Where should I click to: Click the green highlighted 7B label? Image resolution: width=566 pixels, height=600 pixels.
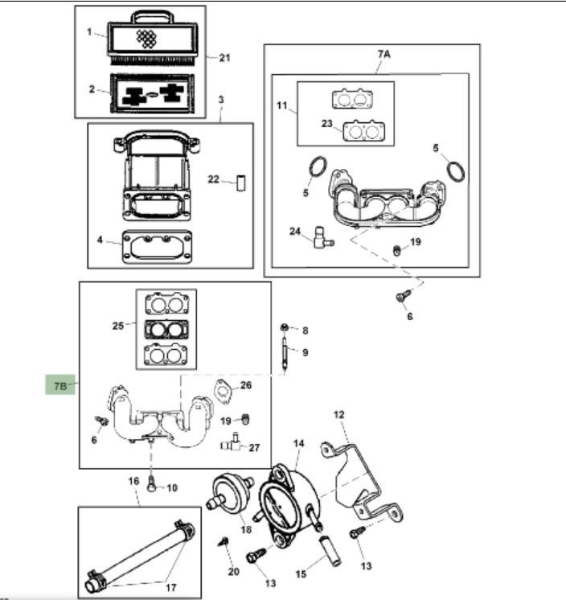59,386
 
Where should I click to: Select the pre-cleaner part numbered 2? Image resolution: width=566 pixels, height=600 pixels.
154,94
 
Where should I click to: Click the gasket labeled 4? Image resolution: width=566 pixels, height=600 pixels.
157,246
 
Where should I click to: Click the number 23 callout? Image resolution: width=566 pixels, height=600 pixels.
326,124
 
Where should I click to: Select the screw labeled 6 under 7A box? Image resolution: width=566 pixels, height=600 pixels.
400,297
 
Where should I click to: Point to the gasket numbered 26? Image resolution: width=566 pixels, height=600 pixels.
223,392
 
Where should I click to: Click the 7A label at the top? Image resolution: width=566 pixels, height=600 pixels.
383,54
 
